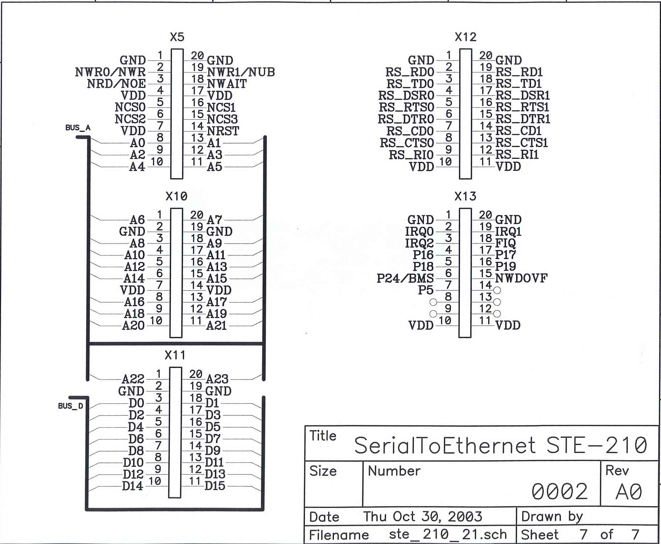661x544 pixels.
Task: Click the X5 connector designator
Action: (177, 37)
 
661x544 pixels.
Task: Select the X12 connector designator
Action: (465, 37)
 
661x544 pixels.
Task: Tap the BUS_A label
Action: (78, 128)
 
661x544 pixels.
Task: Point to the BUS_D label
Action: (71, 406)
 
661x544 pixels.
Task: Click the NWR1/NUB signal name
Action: (241, 72)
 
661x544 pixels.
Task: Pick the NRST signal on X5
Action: (223, 131)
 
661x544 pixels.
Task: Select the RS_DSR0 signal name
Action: (406, 96)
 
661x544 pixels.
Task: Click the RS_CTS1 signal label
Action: (521, 143)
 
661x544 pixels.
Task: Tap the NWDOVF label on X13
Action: (521, 278)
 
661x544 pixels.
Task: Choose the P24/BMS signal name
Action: (405, 278)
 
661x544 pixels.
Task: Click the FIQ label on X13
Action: (505, 243)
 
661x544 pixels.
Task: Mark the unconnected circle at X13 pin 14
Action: (497, 290)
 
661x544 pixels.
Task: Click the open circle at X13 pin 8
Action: (433, 302)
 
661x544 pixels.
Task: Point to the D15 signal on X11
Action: (215, 486)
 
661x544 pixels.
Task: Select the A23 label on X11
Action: (217, 379)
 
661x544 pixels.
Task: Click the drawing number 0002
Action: (559, 491)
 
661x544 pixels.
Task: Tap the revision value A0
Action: (629, 492)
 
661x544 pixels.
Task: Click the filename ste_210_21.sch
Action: (448, 534)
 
